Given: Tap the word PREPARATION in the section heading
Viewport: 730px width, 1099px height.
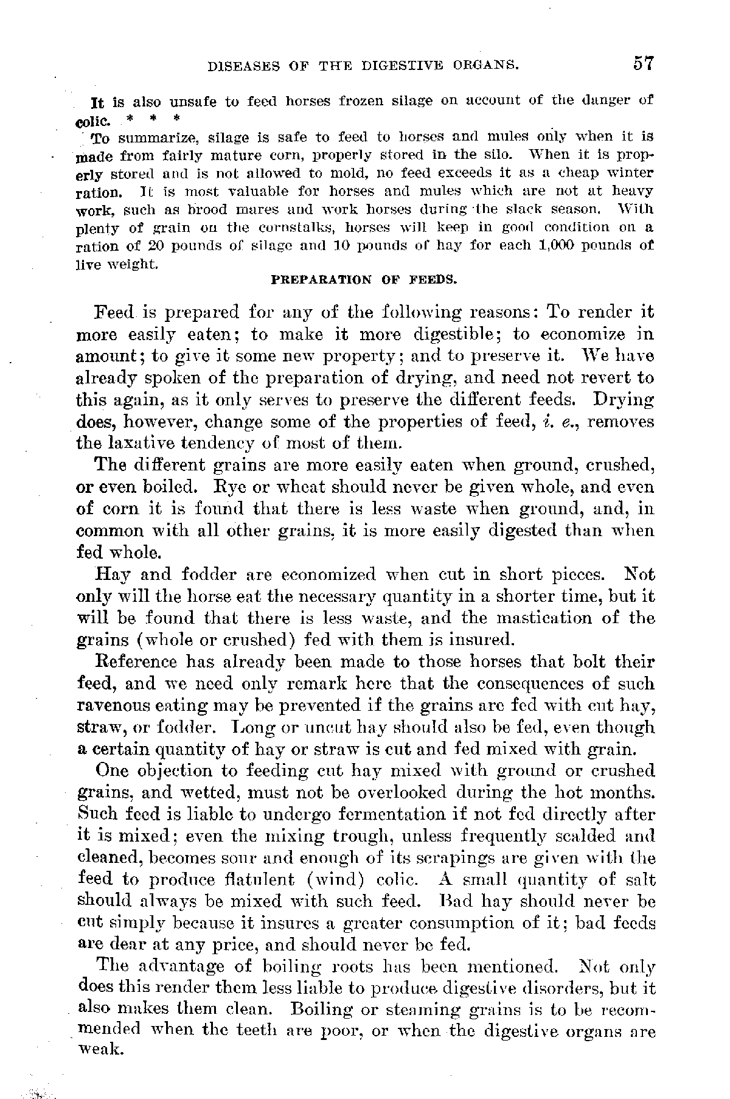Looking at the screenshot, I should pos(321,280).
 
